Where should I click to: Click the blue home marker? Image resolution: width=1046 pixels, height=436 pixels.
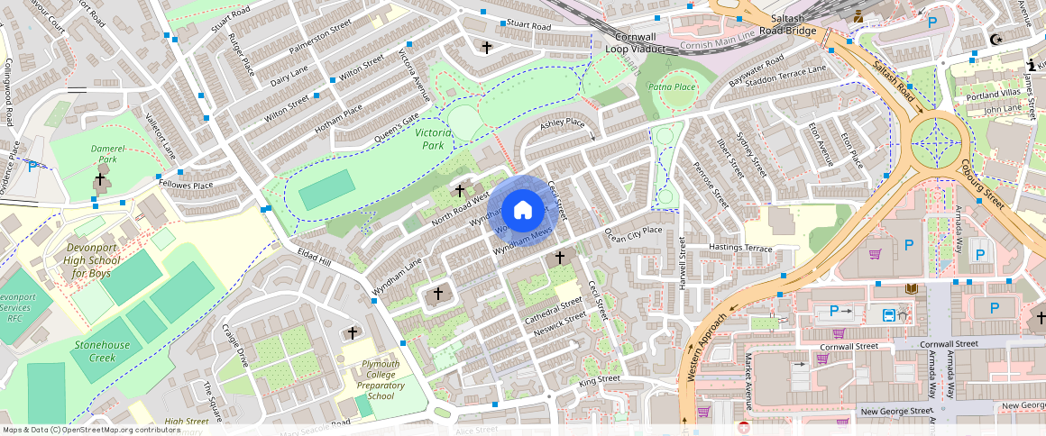click(522, 211)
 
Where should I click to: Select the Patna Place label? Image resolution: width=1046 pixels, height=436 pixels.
click(672, 86)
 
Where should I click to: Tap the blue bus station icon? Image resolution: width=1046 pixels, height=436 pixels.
click(889, 314)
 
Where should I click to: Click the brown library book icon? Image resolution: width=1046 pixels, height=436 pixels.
click(911, 289)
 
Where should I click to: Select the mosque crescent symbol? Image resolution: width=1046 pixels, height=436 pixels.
click(996, 40)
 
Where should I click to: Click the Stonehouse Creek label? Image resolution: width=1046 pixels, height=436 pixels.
click(102, 351)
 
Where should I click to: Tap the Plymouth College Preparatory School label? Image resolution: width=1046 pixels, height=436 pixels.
click(381, 380)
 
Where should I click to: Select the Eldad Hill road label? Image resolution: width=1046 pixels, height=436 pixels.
click(315, 257)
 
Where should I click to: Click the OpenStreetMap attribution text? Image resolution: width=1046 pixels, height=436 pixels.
click(91, 430)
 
